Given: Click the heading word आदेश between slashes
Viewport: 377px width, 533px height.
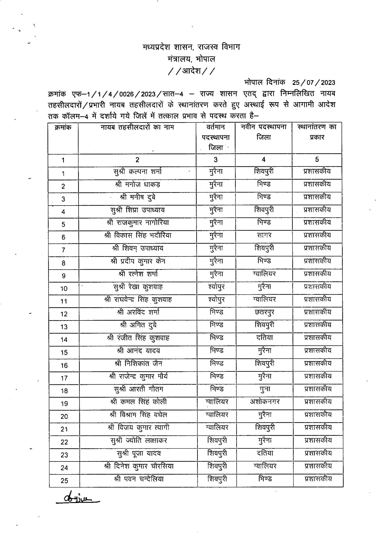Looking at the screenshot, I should (192, 71).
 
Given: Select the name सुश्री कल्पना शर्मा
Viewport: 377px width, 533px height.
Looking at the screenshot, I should (137, 172).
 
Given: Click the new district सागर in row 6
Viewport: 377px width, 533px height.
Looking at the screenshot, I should (264, 235).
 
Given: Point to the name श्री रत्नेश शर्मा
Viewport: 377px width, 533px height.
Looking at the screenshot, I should (138, 274).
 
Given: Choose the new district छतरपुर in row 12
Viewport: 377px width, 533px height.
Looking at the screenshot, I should (264, 312).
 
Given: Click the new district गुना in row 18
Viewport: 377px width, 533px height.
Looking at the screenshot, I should (265, 389).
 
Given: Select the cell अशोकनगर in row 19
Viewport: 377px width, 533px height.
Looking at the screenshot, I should (265, 402).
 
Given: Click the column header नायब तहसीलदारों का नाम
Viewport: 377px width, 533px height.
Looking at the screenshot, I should (137, 127).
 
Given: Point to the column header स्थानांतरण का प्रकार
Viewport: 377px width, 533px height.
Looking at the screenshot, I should (317, 132).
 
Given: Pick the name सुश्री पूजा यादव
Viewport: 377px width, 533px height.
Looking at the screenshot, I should (139, 453).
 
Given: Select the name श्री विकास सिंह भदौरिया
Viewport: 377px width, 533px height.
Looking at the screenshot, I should (138, 235).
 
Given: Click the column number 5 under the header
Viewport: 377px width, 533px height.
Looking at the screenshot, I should (317, 159).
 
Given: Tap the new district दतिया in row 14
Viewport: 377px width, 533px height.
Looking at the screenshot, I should (264, 338).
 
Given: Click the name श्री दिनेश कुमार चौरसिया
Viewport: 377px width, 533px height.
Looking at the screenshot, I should (139, 466).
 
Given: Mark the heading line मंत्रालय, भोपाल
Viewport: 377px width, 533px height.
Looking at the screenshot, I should (191, 59).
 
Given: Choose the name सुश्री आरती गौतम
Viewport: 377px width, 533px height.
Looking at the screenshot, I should (138, 389).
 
